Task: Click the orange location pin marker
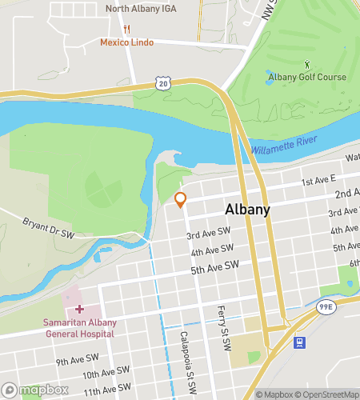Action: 181,199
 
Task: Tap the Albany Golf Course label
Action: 307,77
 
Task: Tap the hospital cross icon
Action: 79,309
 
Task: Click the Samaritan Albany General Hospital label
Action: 79,328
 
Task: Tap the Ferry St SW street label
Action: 223,327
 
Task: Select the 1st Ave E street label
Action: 318,182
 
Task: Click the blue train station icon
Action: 300,343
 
